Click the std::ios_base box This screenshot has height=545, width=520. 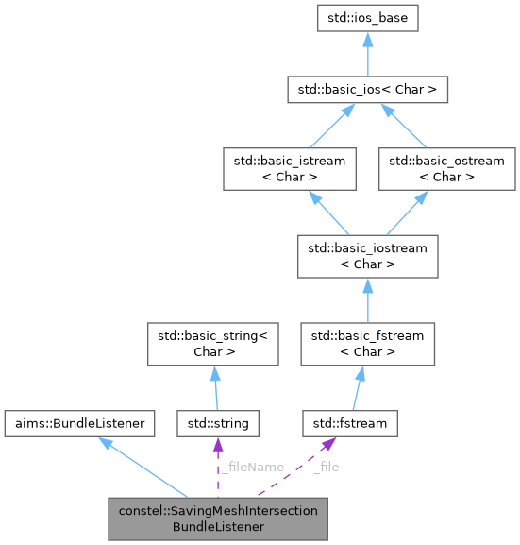367,18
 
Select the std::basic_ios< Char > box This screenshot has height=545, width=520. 367,91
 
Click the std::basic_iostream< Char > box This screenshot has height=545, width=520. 367,257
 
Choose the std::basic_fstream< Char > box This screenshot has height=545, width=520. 367,344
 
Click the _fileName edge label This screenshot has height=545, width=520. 251,467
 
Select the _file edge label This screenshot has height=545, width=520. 325,467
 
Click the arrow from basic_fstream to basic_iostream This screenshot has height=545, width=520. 367,300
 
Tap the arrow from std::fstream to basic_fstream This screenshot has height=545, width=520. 358,387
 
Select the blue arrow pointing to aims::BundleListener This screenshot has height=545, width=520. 142,463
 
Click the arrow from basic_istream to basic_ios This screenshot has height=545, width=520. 321,128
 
